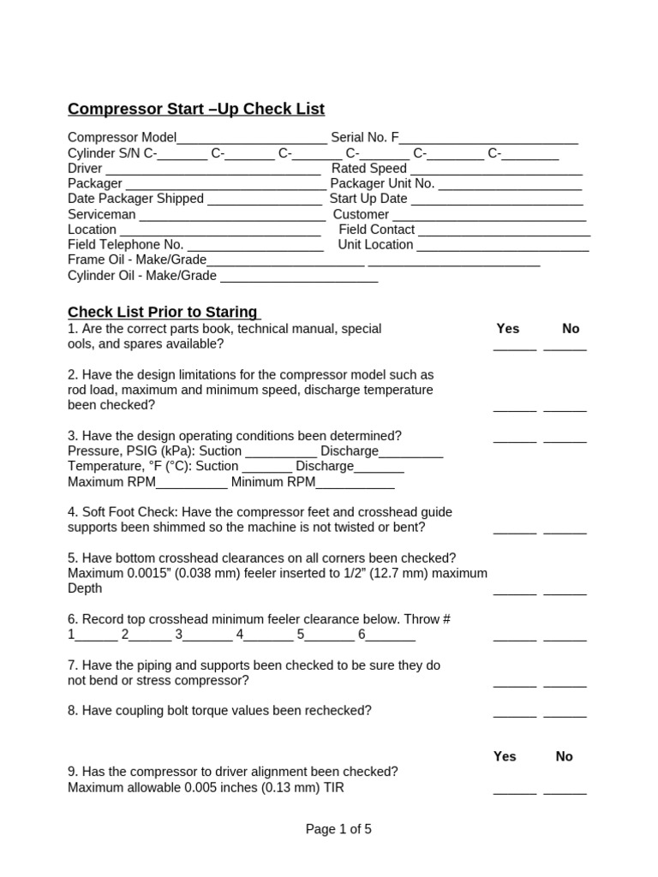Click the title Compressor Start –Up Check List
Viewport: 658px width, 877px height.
tap(196, 109)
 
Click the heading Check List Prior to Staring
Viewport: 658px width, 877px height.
tap(163, 312)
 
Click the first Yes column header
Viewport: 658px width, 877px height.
tap(508, 328)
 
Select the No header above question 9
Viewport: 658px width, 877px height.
tap(564, 756)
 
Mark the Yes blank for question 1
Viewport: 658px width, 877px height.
tap(515, 347)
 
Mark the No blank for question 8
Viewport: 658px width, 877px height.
tap(565, 713)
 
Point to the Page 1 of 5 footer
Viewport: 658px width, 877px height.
tap(338, 829)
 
